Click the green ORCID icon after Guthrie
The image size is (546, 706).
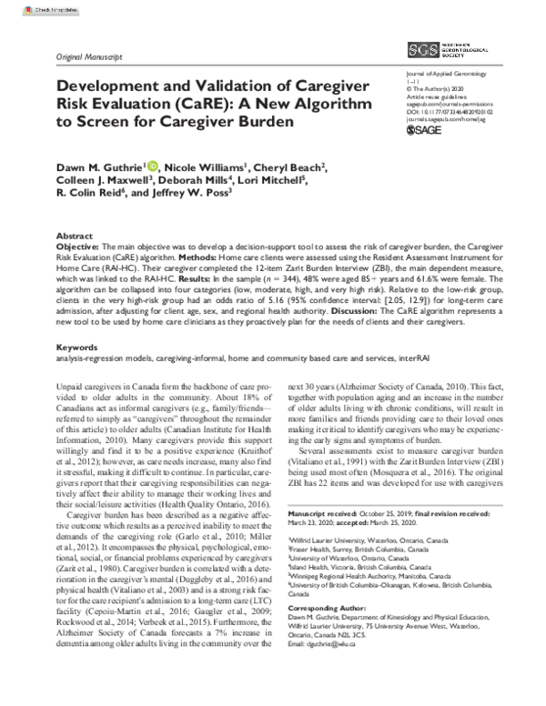(x=150, y=166)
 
